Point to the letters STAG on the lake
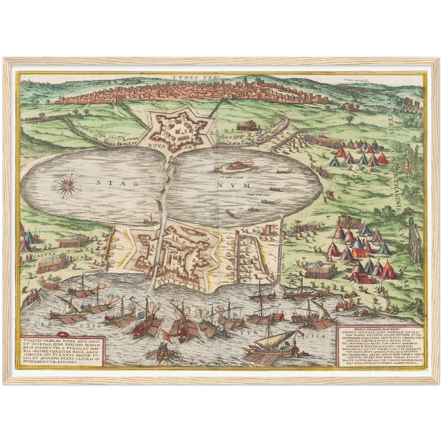[x=117, y=183]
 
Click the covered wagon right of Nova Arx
[x=247, y=125]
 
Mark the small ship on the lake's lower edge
[x=149, y=219]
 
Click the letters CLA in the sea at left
[x=41, y=324]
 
